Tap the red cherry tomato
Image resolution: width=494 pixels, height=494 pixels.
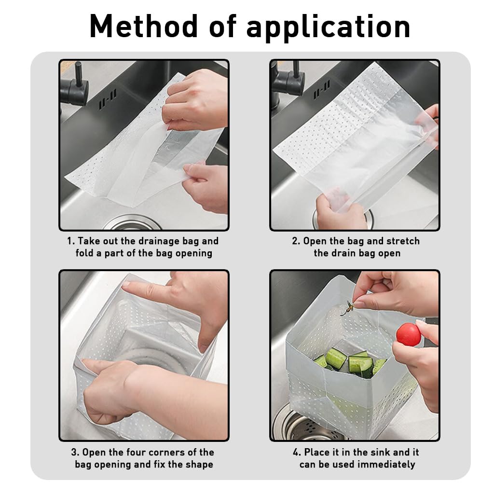coord(408,334)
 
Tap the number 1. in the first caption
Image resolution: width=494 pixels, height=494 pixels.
coord(70,241)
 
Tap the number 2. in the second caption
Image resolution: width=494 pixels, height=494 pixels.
coord(296,241)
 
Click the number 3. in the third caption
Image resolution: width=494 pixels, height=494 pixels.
coord(75,452)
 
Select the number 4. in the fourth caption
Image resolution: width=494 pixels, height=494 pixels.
coord(297,452)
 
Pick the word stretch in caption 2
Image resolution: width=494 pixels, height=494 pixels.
coord(402,241)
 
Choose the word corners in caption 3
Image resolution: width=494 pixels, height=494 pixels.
coord(171,452)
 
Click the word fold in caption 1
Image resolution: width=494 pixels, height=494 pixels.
coord(85,253)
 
